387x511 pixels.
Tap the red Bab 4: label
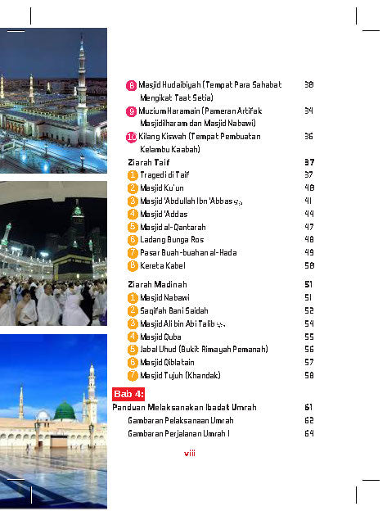(x=128, y=393)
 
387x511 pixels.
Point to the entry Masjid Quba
(x=160, y=336)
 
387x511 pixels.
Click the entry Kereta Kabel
(x=163, y=265)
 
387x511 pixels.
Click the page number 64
(x=308, y=433)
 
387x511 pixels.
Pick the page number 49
(x=308, y=252)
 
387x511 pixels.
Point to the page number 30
(x=308, y=84)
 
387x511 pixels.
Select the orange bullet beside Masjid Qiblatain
(x=132, y=362)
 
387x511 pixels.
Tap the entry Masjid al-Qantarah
(x=172, y=226)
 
